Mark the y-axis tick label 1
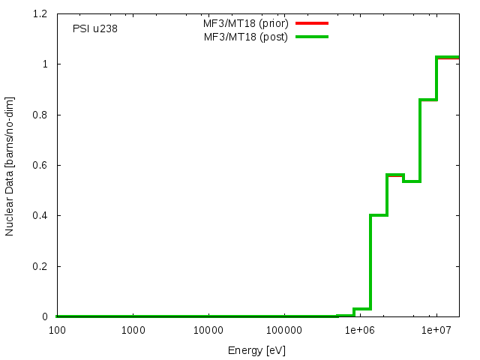pos(46,64)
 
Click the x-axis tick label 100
pos(56,331)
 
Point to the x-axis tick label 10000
pos(208,331)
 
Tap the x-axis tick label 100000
pos(283,331)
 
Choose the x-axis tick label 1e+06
pos(359,331)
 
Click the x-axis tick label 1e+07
pos(435,331)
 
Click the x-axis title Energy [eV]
pos(257,350)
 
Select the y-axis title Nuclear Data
pos(10,166)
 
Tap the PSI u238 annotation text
pos(94,29)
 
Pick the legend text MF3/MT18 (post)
pos(246,36)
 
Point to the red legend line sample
pos(312,23)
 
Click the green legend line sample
pos(312,36)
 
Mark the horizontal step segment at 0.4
pos(379,215)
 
